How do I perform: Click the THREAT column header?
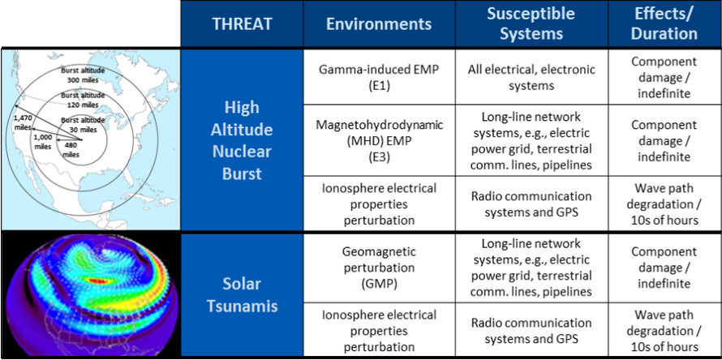(x=243, y=24)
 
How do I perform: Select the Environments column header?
(x=379, y=24)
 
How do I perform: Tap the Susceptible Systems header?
(x=531, y=24)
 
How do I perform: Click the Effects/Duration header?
(x=664, y=24)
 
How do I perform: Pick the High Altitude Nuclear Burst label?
(x=243, y=140)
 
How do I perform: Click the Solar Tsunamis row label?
(x=243, y=294)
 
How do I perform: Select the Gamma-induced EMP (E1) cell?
(x=379, y=77)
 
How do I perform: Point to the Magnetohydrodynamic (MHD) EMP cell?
(x=379, y=141)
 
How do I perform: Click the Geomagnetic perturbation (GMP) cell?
(x=379, y=268)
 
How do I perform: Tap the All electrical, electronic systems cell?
(x=531, y=77)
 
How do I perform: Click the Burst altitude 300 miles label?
(x=83, y=75)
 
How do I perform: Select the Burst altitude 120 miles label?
(x=83, y=100)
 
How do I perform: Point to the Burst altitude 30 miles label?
(x=83, y=125)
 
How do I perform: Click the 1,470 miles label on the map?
(x=22, y=121)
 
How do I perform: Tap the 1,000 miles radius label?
(x=43, y=141)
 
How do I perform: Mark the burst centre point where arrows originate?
(x=82, y=139)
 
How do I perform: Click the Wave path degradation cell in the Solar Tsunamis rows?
(x=664, y=331)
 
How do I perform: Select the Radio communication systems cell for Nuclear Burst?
(x=531, y=204)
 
